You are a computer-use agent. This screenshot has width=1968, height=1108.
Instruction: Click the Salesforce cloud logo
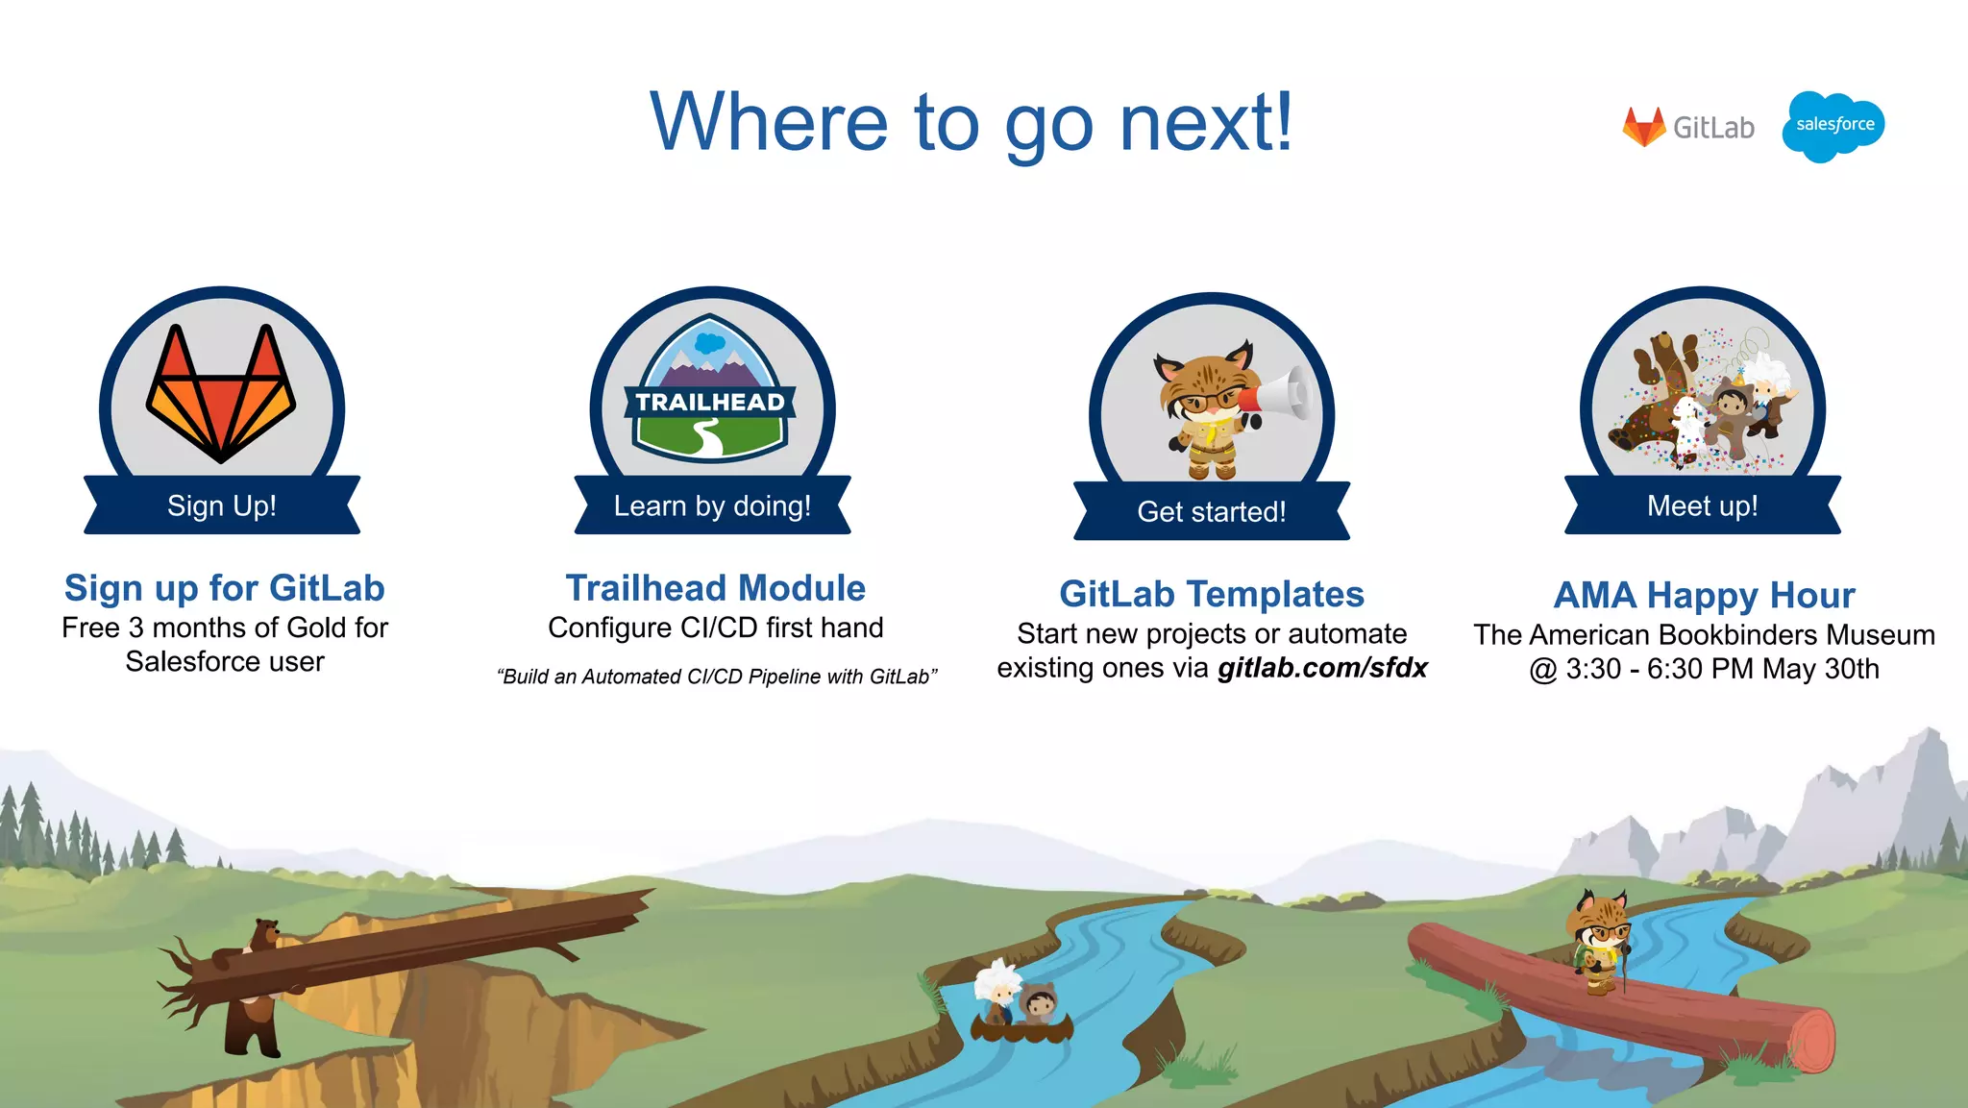1833,126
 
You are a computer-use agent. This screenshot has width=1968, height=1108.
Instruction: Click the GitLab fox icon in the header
1643,127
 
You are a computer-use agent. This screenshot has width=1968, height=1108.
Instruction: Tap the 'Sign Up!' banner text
222,505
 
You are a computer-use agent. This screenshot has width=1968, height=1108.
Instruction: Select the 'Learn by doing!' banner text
712,505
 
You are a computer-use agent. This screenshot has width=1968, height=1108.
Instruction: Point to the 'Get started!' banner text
1211,511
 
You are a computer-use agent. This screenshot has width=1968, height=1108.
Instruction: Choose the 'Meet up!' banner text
1702,505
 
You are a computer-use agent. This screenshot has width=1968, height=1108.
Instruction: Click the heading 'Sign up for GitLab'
225,588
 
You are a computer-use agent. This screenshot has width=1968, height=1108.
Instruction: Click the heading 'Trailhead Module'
716,588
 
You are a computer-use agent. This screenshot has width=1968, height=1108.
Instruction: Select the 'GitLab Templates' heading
1212,594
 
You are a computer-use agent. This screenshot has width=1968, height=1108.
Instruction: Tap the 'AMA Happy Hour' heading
1704,595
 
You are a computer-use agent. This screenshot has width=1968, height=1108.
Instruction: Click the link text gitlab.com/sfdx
1322,668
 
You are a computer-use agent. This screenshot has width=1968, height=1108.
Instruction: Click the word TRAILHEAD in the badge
710,402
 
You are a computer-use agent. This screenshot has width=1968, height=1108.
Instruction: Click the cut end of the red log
1810,1041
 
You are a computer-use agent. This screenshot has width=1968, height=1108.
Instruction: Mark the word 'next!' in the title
1207,122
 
